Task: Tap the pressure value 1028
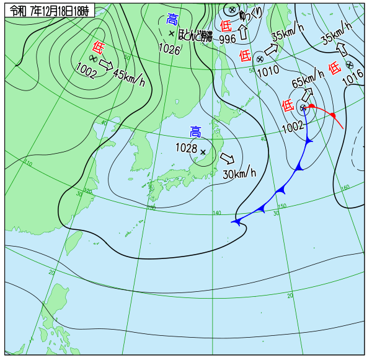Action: tap(186, 149)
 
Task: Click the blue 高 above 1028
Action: tap(195, 131)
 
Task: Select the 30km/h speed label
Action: tap(239, 173)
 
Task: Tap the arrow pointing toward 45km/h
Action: tap(106, 64)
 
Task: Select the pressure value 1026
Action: tap(168, 49)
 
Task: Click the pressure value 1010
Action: tap(268, 71)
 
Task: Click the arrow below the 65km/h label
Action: tap(306, 95)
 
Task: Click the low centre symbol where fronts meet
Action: tap(303, 108)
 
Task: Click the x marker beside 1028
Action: tap(203, 151)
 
